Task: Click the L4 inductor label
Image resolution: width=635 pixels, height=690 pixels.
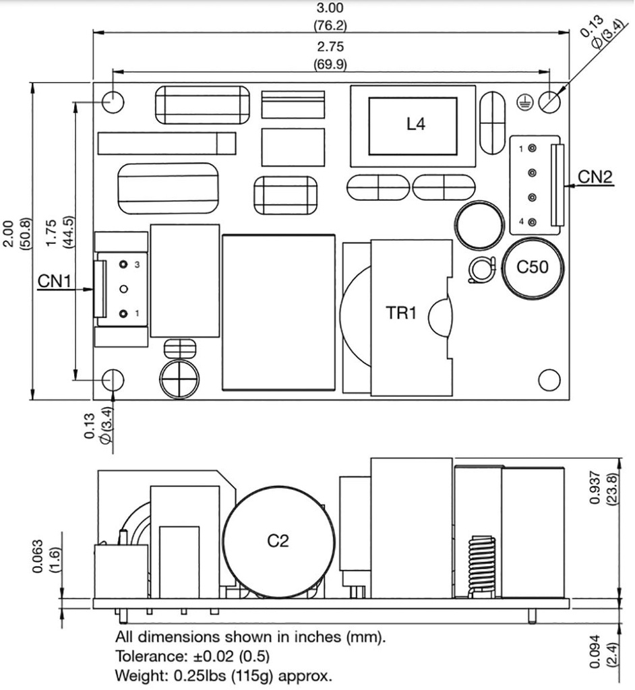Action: coord(416,124)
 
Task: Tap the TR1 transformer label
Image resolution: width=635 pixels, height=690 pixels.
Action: coord(402,313)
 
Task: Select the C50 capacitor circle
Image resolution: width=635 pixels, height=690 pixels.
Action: coord(532,268)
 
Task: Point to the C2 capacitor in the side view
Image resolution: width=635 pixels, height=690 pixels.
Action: coord(278,540)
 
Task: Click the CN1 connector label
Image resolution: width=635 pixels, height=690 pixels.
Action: coord(55,281)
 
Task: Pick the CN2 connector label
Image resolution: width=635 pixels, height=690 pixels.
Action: coord(595,177)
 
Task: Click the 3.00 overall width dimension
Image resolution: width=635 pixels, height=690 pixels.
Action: coord(330,9)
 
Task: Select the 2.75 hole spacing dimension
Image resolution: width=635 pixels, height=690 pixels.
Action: coord(330,47)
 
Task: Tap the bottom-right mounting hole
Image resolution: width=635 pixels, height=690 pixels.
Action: coord(550,379)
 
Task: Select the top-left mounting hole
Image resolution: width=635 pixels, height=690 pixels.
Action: coord(113,102)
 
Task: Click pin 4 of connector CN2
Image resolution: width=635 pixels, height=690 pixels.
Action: coord(532,222)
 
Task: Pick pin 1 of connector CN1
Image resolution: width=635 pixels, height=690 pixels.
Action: coord(123,314)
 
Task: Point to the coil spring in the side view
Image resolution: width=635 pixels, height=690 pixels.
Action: coord(480,563)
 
